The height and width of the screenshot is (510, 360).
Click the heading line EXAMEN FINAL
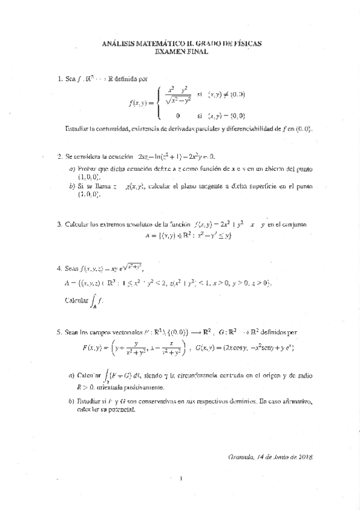click(181, 52)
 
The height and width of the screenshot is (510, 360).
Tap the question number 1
click(59, 78)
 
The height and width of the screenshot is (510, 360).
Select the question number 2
click(59, 156)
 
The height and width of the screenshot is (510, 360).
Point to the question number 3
click(59, 224)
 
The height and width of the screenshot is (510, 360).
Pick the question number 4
click(59, 268)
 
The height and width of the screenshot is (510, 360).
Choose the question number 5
click(59, 331)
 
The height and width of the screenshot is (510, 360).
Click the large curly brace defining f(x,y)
click(157, 102)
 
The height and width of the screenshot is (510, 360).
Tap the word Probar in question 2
click(87, 168)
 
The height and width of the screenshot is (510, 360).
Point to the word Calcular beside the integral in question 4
click(75, 299)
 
